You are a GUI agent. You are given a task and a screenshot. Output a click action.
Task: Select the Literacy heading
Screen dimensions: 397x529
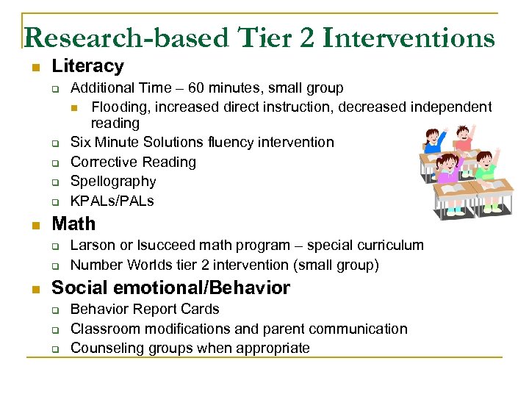(x=87, y=66)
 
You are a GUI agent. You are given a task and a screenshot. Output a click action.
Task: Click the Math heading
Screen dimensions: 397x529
(x=73, y=223)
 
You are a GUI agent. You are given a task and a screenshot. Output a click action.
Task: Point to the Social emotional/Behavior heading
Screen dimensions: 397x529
(x=170, y=287)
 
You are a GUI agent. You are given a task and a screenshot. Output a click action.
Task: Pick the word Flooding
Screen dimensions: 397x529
(x=118, y=107)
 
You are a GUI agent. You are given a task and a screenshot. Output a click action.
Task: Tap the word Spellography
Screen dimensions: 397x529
(x=113, y=181)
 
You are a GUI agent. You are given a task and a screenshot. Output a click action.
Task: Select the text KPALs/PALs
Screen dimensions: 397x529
(x=112, y=201)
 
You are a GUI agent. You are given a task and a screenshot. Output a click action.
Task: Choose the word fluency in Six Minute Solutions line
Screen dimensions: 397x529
(x=228, y=142)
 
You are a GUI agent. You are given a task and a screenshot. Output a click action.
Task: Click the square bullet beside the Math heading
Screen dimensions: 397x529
(x=34, y=224)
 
